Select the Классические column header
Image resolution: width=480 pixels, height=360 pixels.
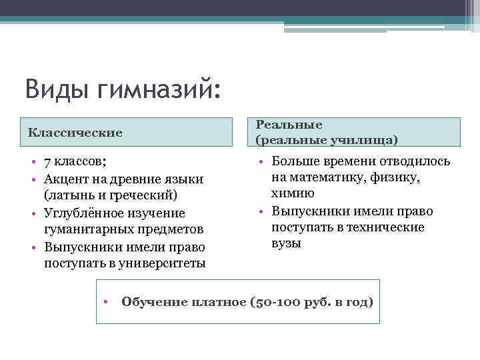click(75, 132)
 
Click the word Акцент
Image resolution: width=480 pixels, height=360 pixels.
click(68, 179)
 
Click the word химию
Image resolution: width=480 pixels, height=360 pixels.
click(293, 193)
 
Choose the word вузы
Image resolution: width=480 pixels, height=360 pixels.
click(287, 243)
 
